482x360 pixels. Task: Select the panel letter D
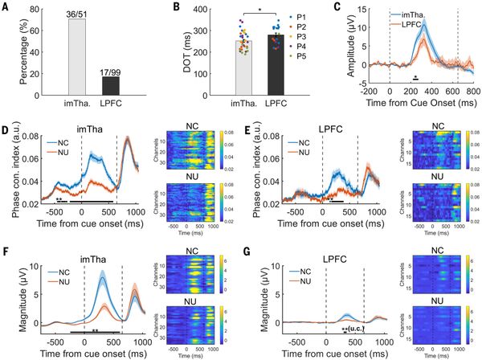6,129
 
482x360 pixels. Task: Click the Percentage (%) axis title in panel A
8,50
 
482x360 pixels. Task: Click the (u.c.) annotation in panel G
356,329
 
